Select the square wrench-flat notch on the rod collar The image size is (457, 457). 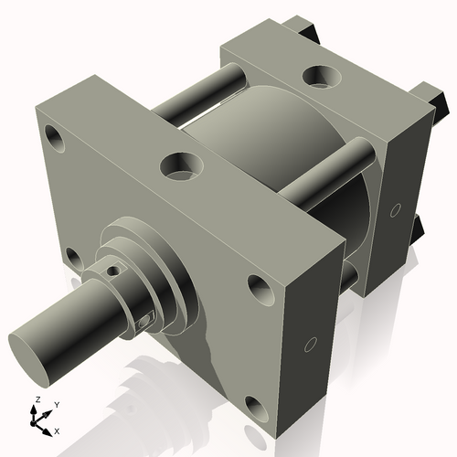[144, 320]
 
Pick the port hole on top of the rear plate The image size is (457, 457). [319, 75]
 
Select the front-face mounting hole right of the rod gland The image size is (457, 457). [260, 291]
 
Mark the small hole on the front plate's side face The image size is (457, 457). [310, 345]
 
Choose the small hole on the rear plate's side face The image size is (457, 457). [395, 211]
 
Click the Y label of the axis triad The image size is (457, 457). [56, 403]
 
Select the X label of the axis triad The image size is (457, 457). [58, 429]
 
